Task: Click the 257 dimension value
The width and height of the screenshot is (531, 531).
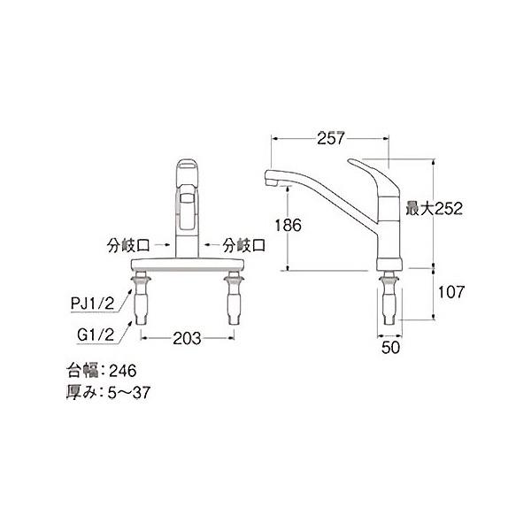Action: (330, 138)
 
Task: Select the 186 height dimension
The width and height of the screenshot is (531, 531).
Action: (289, 225)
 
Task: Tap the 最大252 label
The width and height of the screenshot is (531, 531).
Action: (434, 208)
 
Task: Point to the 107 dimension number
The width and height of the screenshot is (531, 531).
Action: (451, 292)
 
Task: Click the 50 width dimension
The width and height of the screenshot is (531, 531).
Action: (390, 348)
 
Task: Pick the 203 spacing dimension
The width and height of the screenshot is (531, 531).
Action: (187, 338)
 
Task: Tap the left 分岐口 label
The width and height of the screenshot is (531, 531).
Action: (128, 245)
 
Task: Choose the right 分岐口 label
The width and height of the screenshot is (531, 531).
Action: (244, 245)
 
